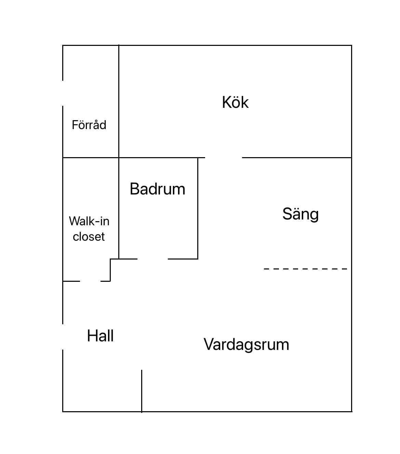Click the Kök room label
pos(235,102)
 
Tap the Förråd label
pos(89,125)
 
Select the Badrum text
pos(157,189)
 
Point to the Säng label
pos(301,214)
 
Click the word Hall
pos(100,336)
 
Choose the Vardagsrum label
pos(246,344)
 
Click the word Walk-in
pos(89,221)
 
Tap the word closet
pos(89,237)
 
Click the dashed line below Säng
pos(305,269)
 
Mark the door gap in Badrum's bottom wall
pos(152,259)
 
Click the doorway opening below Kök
pos(224,158)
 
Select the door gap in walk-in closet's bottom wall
pos(90,281)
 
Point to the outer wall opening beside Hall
pos(63,337)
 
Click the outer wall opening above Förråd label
pos(63,93)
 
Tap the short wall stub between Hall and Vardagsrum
pos(142,390)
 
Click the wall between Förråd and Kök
pos(119,101)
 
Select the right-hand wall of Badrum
pos(198,208)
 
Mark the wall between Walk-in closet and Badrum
pos(119,208)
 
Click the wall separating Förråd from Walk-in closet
pos(91,157)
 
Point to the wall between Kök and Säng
pos(297,157)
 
